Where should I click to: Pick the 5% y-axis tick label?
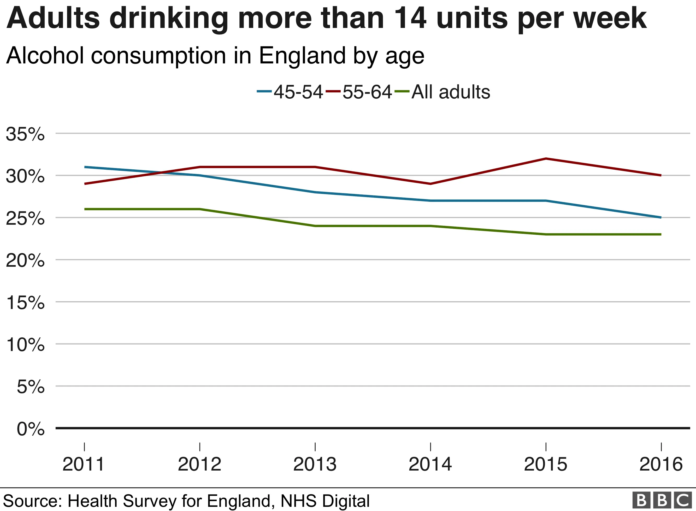31,387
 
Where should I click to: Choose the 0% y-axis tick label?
31,429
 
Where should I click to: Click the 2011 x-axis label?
84,464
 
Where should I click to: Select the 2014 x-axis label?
430,464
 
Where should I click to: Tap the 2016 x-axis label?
661,464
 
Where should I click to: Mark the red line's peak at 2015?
546,159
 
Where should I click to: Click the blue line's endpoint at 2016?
661,217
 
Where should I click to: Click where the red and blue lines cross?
162,172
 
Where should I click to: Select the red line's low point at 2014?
430,184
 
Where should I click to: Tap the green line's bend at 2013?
315,226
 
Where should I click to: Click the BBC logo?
662,500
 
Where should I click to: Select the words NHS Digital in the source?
325,501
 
